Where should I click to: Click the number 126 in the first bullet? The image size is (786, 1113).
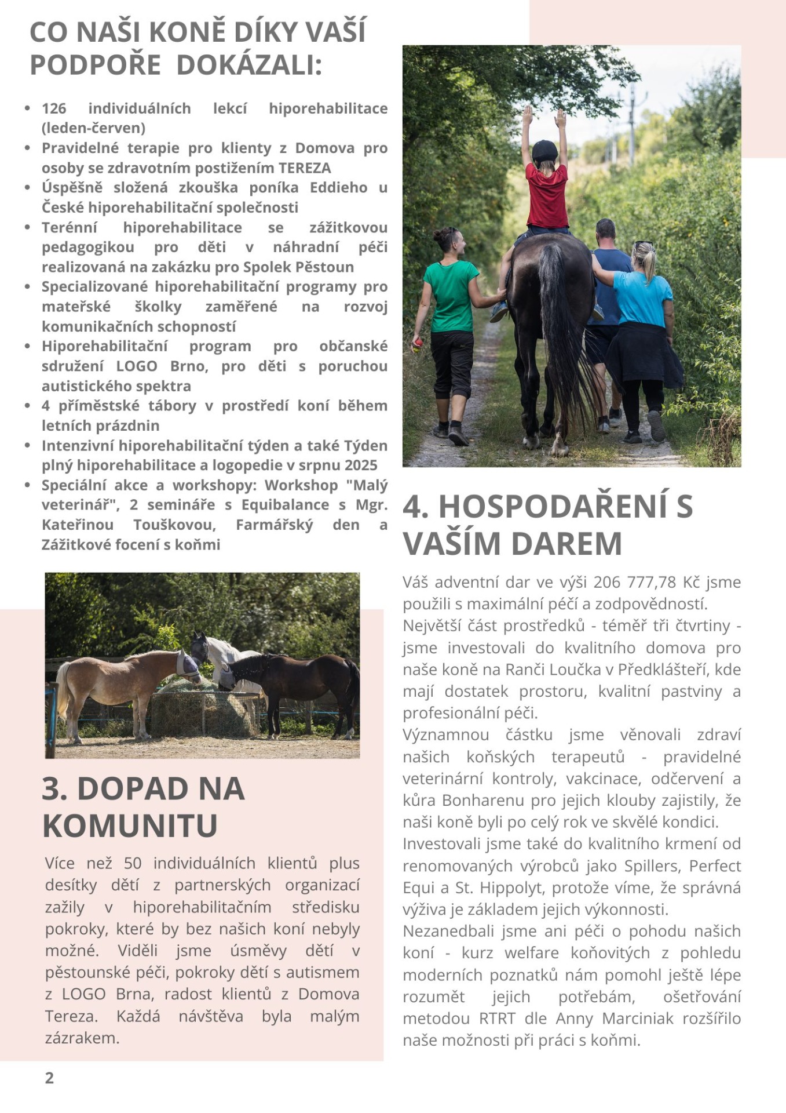54,108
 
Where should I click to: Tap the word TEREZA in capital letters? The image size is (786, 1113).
305,168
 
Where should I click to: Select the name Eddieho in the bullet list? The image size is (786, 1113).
338,188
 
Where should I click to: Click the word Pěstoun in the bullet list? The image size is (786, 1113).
324,267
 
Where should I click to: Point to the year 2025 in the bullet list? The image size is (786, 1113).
361,465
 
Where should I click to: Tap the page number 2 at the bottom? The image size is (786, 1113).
49,1078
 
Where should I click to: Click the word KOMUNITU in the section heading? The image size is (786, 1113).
130,825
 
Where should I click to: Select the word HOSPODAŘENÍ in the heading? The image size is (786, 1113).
553,506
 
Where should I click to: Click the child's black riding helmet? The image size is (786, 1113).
544,151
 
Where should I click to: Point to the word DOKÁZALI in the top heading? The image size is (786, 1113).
248,64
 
